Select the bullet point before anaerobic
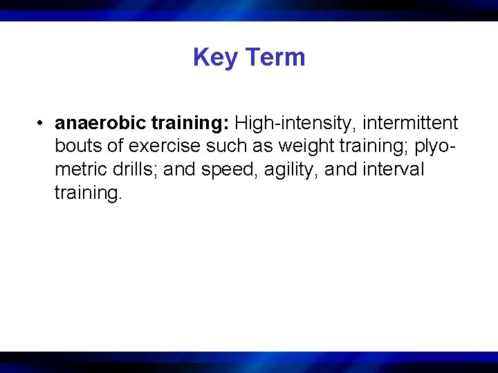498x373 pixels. pos(42,124)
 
